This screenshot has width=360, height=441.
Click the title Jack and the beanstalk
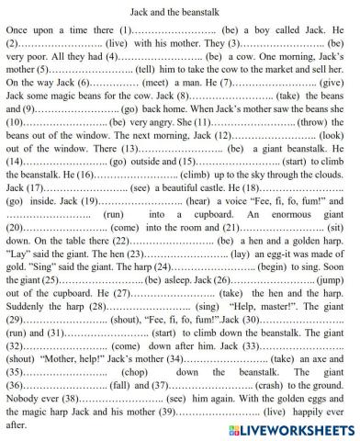tap(180, 7)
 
